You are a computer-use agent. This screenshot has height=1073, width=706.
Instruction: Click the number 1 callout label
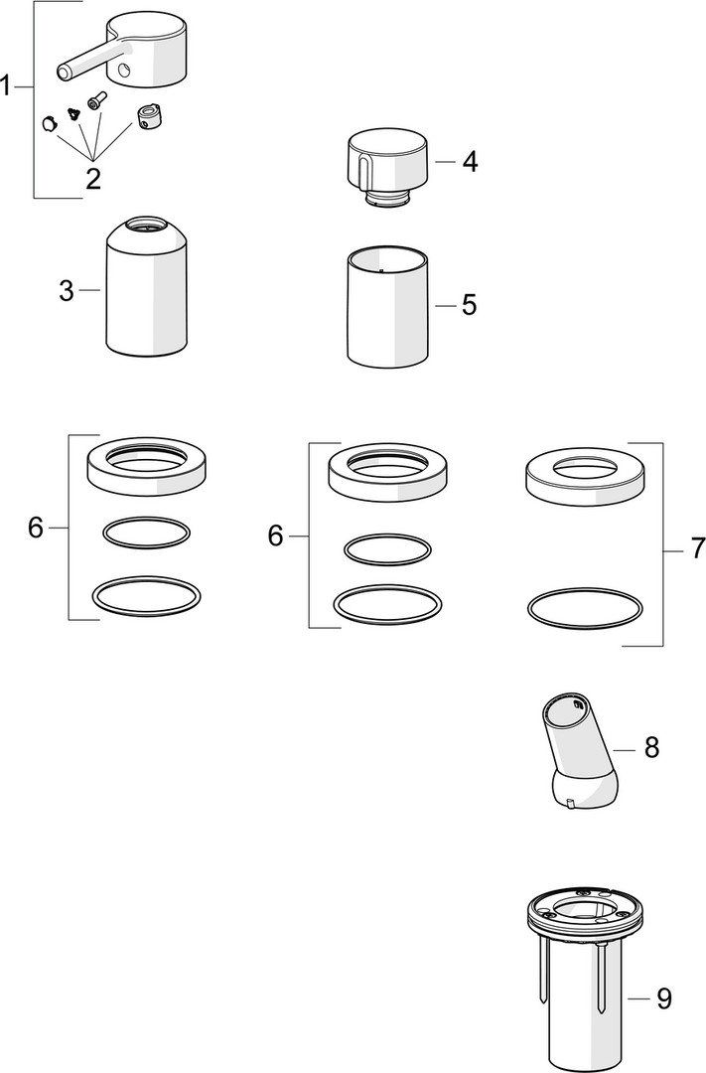click(6, 86)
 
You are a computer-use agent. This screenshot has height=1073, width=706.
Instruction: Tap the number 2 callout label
click(93, 178)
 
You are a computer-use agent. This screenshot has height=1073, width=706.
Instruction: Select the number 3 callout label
click(66, 291)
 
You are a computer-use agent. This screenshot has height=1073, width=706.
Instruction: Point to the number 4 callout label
click(470, 162)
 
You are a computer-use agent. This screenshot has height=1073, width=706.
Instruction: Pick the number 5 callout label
click(469, 305)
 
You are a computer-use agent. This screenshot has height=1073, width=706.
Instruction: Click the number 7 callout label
click(697, 548)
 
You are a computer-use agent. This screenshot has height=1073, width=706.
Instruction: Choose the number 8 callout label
click(651, 747)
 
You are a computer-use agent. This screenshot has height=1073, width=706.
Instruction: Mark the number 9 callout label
click(663, 998)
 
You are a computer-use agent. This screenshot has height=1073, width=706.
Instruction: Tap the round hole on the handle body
click(123, 70)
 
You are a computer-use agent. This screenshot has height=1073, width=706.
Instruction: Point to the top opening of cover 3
click(146, 224)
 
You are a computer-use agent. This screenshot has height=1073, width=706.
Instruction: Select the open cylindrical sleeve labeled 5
click(388, 307)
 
